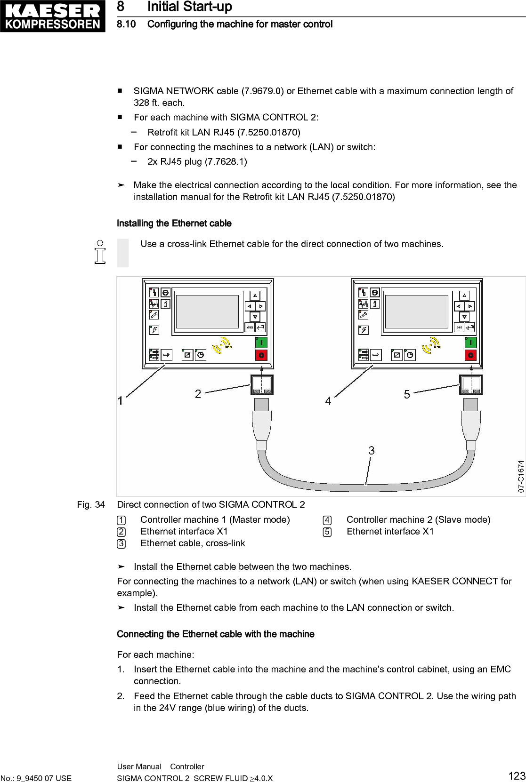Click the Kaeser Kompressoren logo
click(x=53, y=16)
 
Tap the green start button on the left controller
click(x=261, y=342)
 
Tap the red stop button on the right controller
click(x=470, y=355)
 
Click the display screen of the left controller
click(x=208, y=312)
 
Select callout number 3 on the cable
click(x=372, y=450)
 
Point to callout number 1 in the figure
click(x=121, y=400)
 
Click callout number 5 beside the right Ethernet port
click(x=407, y=394)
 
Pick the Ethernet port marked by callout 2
click(x=261, y=384)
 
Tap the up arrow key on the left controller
click(x=255, y=295)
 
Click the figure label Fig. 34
click(x=91, y=504)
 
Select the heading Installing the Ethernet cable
click(x=174, y=223)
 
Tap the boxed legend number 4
click(x=327, y=520)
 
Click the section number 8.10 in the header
click(x=126, y=24)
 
